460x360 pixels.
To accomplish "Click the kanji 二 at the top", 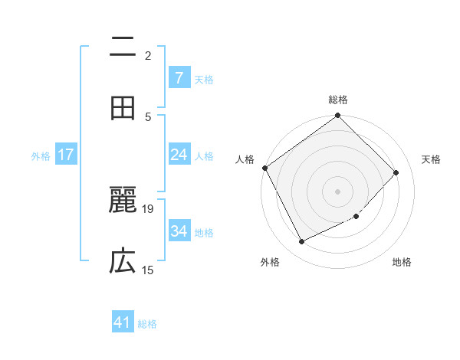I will (123, 48).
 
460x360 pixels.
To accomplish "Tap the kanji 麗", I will (123, 203).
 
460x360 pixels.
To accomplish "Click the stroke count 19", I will (148, 208).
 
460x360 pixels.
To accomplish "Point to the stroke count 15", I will (148, 270).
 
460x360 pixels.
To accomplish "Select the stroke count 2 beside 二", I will (148, 56).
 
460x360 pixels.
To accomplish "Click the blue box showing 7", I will (179, 77).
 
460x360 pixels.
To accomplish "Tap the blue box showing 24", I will (179, 154).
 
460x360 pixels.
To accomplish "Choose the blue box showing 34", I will (179, 231).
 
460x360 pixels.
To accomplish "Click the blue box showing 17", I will (65, 155).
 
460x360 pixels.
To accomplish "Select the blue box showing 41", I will (123, 322).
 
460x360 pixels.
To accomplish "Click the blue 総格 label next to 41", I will (147, 324).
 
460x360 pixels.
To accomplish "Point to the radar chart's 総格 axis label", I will (338, 100).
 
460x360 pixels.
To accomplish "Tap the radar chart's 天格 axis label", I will (432, 159).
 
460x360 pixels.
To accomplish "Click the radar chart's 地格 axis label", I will (402, 262).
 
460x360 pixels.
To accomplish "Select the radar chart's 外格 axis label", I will (270, 262).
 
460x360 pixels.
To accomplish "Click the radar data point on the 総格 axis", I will (338, 116).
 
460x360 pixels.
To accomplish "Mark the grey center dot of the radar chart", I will (338, 191).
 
